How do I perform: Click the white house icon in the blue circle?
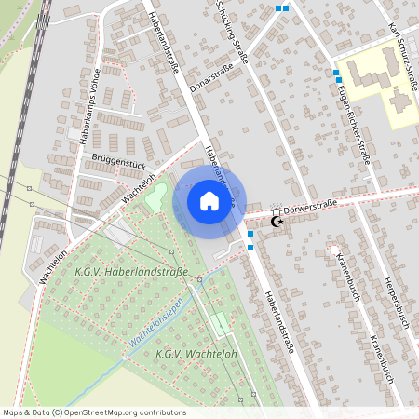click(x=209, y=200)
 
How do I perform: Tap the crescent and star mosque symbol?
click(x=276, y=221)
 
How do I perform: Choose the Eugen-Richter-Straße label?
click(x=354, y=122)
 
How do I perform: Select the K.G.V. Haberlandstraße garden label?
click(x=129, y=272)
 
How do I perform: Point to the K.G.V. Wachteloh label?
click(x=196, y=354)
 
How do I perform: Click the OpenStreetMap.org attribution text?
click(x=118, y=412)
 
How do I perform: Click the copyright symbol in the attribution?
click(x=57, y=412)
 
